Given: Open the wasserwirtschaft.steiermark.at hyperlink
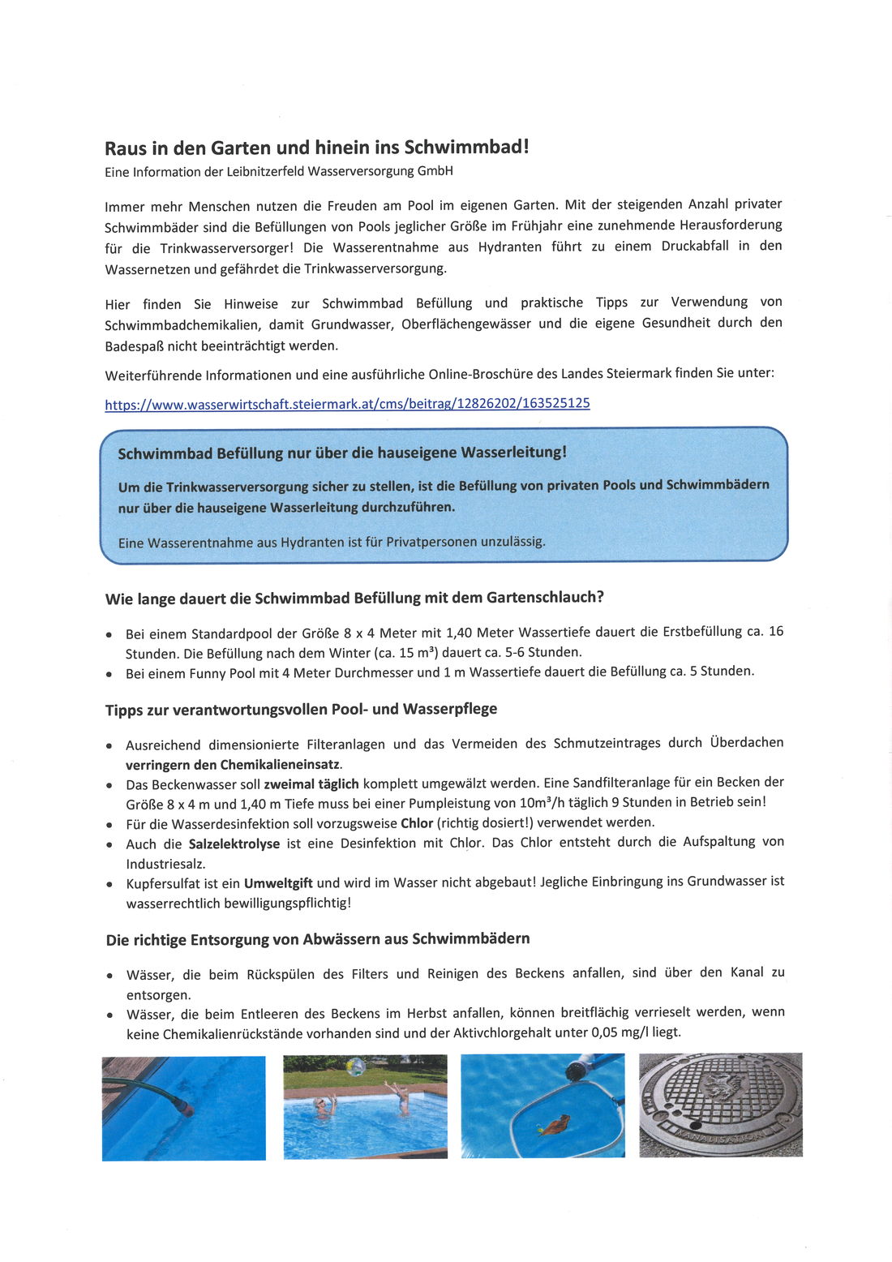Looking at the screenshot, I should pos(347,404).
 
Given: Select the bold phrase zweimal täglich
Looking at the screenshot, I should pos(311,783).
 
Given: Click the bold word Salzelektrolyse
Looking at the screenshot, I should pos(234,843).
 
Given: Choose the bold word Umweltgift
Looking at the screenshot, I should pos(278,883).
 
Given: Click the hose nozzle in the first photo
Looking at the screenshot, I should pos(185,1108).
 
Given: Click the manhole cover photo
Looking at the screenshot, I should pos(721,1105).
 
